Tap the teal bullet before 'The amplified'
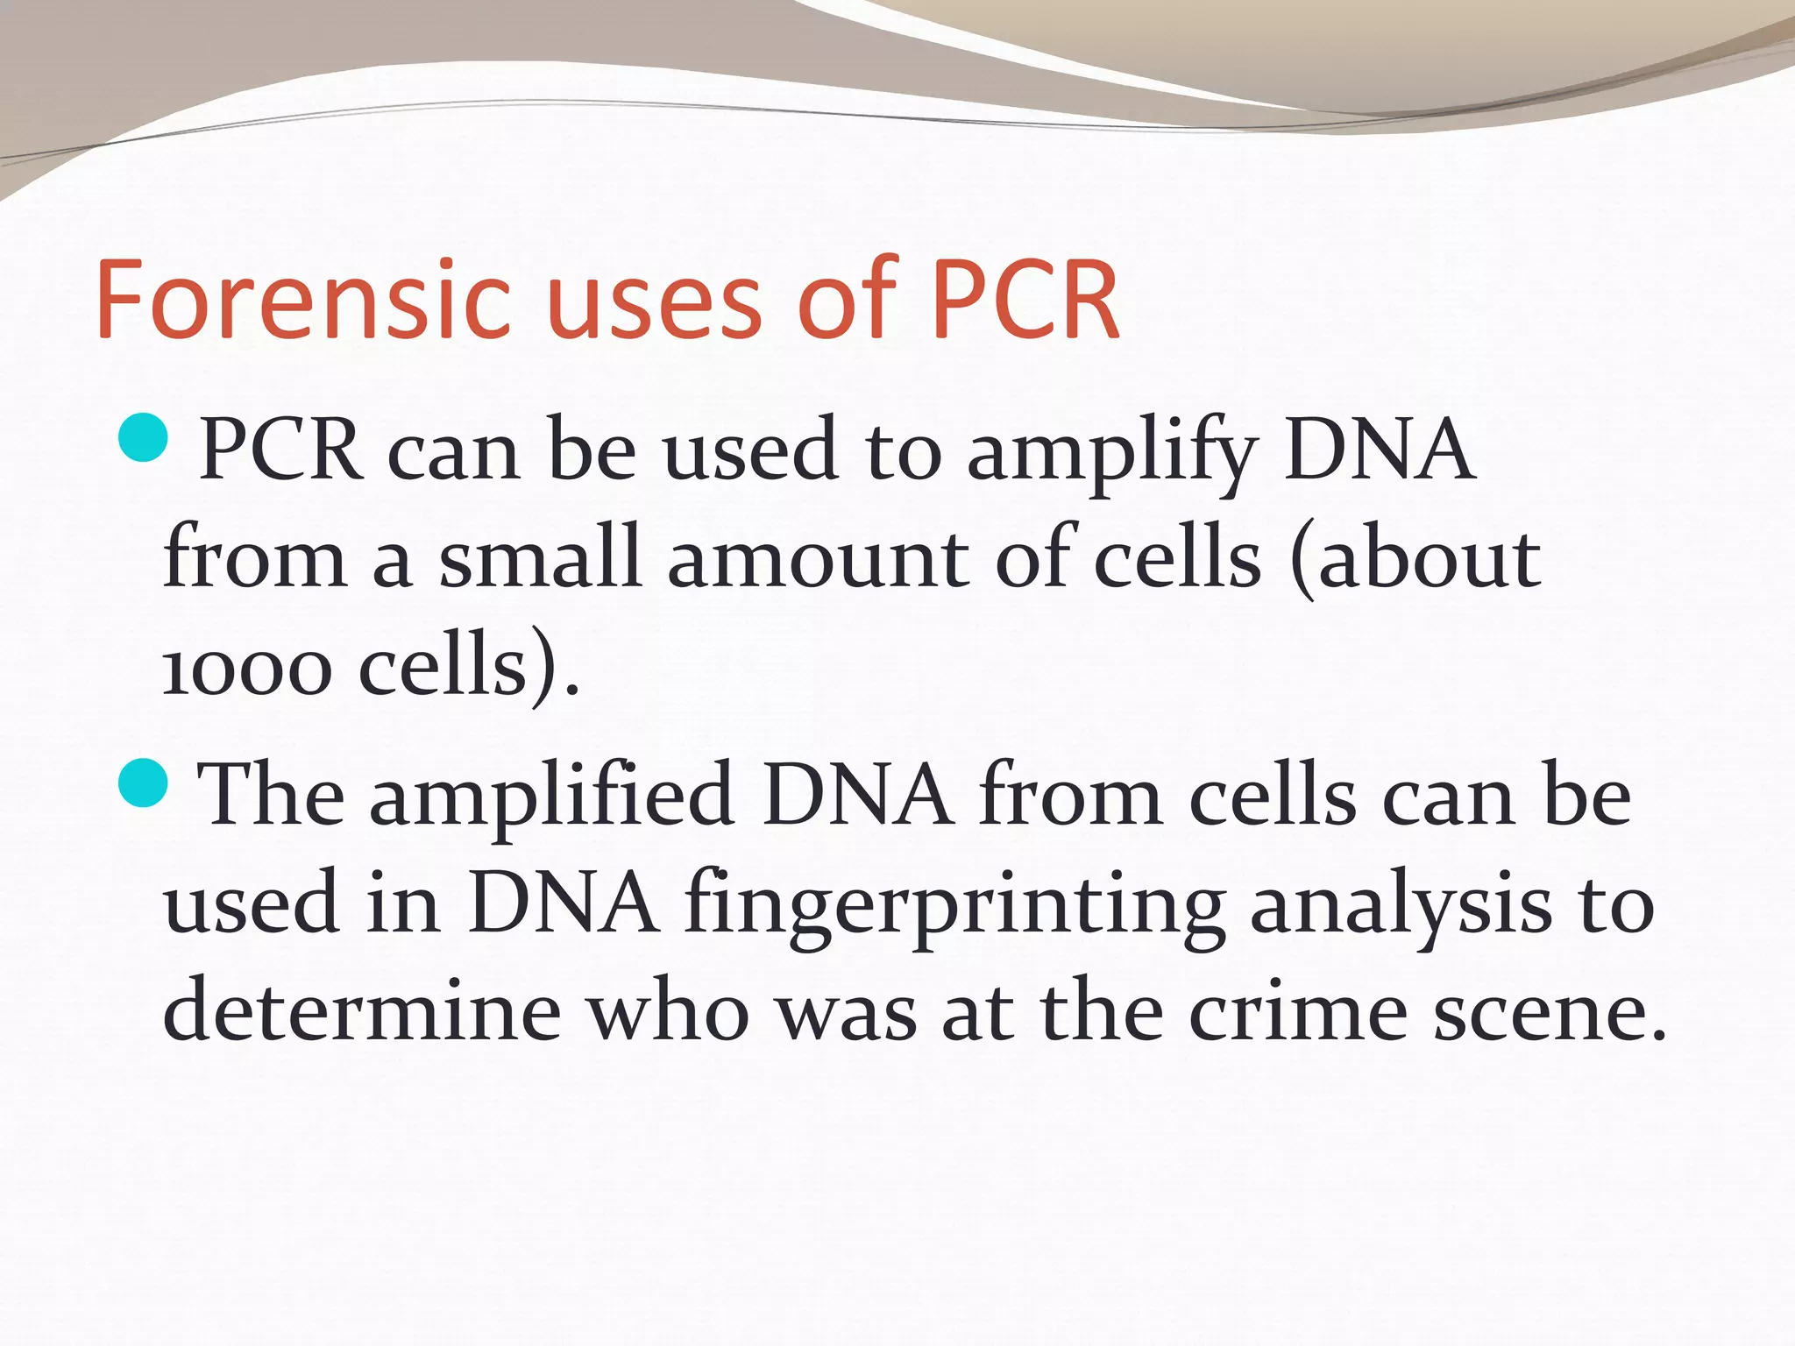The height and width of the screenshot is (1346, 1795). click(x=142, y=782)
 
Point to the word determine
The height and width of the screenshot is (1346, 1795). click(x=362, y=1009)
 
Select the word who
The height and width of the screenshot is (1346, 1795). click(x=668, y=1009)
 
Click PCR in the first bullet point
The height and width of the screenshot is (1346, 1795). click(x=280, y=450)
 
